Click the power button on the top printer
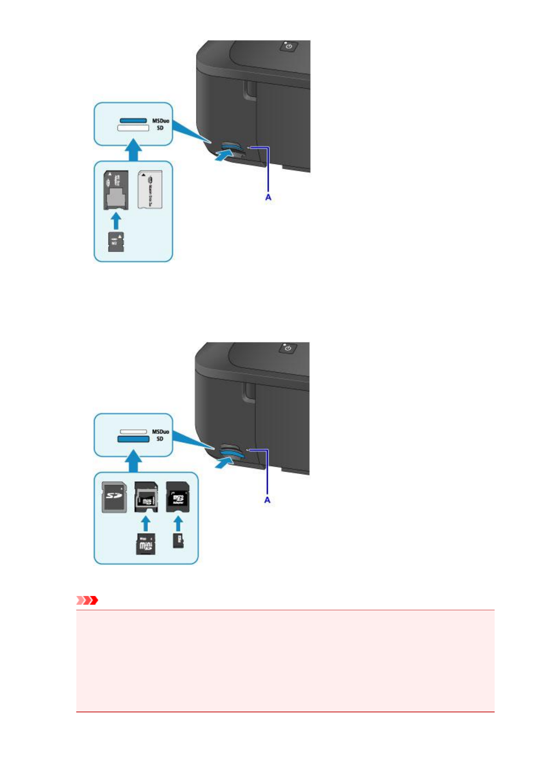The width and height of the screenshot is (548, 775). (x=288, y=46)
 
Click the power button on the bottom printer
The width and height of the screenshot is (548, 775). (x=288, y=348)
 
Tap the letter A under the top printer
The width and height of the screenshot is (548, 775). (x=268, y=197)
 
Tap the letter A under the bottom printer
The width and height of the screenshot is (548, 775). (x=267, y=500)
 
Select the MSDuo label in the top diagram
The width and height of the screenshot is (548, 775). (x=161, y=121)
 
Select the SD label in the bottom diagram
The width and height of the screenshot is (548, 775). (x=160, y=439)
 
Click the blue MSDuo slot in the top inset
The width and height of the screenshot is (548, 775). (x=133, y=121)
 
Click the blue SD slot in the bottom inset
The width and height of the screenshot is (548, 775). (x=133, y=439)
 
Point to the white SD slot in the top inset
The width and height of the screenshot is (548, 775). (x=133, y=128)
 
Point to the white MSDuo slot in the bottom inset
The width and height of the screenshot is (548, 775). (x=133, y=432)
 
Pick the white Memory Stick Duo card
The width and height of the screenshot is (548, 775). (x=150, y=189)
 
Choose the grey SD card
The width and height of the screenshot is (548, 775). (x=114, y=497)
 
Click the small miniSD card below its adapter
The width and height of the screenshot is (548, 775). (x=145, y=544)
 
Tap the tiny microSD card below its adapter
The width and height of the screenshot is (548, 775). (x=178, y=541)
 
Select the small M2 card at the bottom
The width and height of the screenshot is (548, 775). (x=116, y=242)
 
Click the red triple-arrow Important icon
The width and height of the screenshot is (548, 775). (x=87, y=600)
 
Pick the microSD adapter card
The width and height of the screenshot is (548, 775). (x=178, y=497)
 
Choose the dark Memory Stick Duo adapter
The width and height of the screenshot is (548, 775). (x=115, y=189)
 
